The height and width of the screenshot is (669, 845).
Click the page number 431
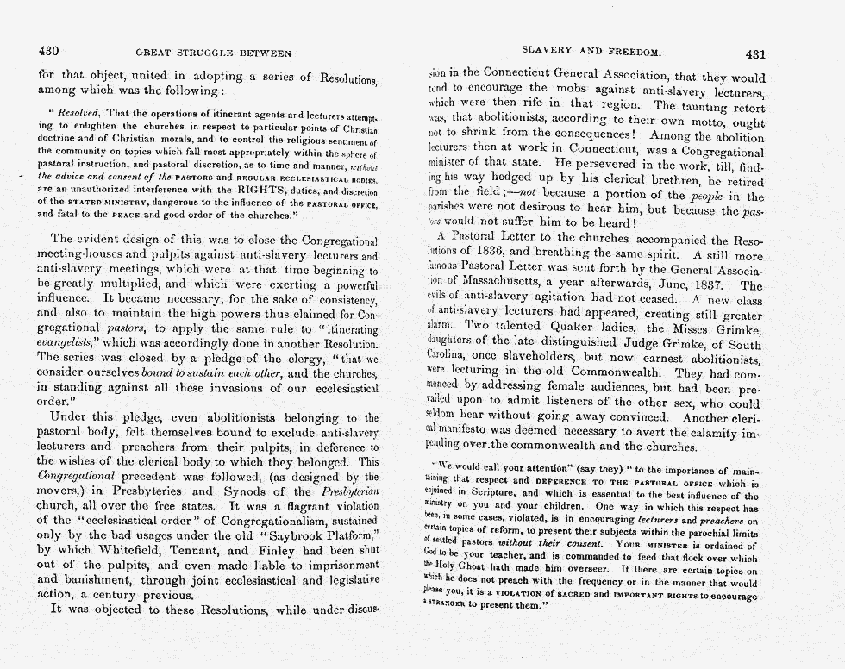click(754, 53)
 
